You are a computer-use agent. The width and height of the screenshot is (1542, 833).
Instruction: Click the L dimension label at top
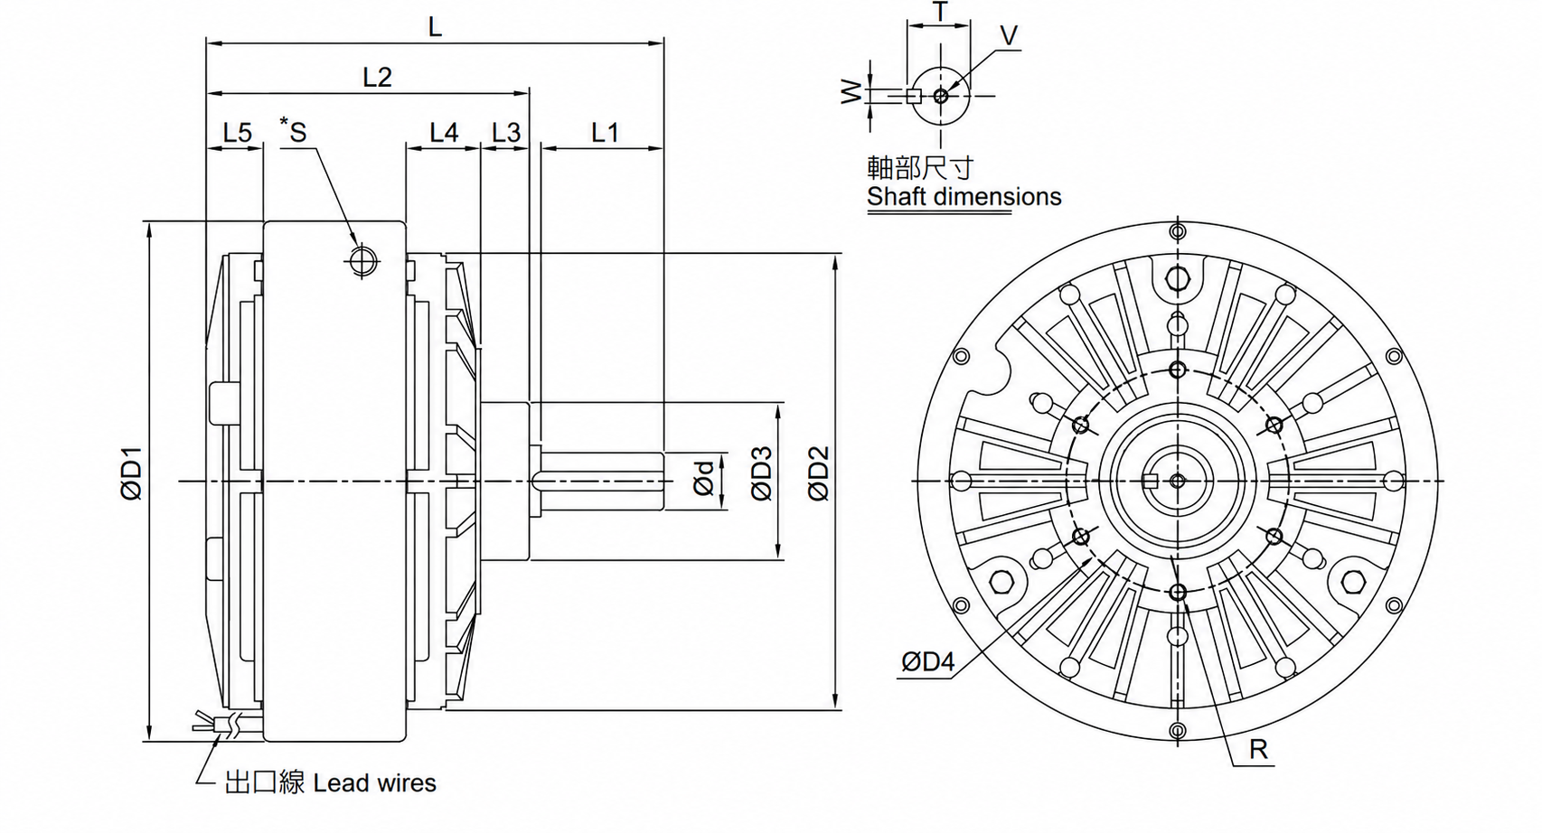click(x=435, y=27)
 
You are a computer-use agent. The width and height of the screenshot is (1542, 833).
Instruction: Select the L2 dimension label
click(x=377, y=77)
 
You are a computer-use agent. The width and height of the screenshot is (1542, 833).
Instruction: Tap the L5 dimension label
click(x=238, y=132)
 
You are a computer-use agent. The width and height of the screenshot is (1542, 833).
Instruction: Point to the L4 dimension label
click(x=444, y=132)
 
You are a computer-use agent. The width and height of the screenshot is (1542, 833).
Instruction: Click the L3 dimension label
click(x=506, y=132)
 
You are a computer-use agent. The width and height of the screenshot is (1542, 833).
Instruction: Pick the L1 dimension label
click(x=605, y=132)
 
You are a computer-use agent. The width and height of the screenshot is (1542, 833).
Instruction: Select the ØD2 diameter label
click(x=819, y=473)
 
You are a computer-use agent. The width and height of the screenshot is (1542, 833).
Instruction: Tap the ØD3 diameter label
click(x=761, y=473)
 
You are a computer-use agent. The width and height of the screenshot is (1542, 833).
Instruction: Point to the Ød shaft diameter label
click(x=703, y=478)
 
